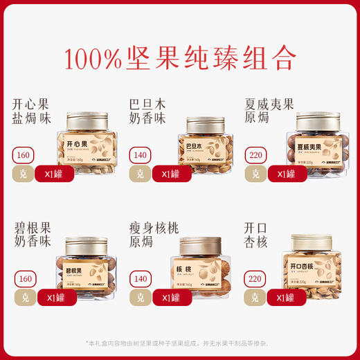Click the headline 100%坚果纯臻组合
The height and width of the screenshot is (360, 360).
180,59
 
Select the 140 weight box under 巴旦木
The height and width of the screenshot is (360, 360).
141,154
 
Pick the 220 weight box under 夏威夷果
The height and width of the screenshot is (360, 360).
257,154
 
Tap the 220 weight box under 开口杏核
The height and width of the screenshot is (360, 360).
257,279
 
